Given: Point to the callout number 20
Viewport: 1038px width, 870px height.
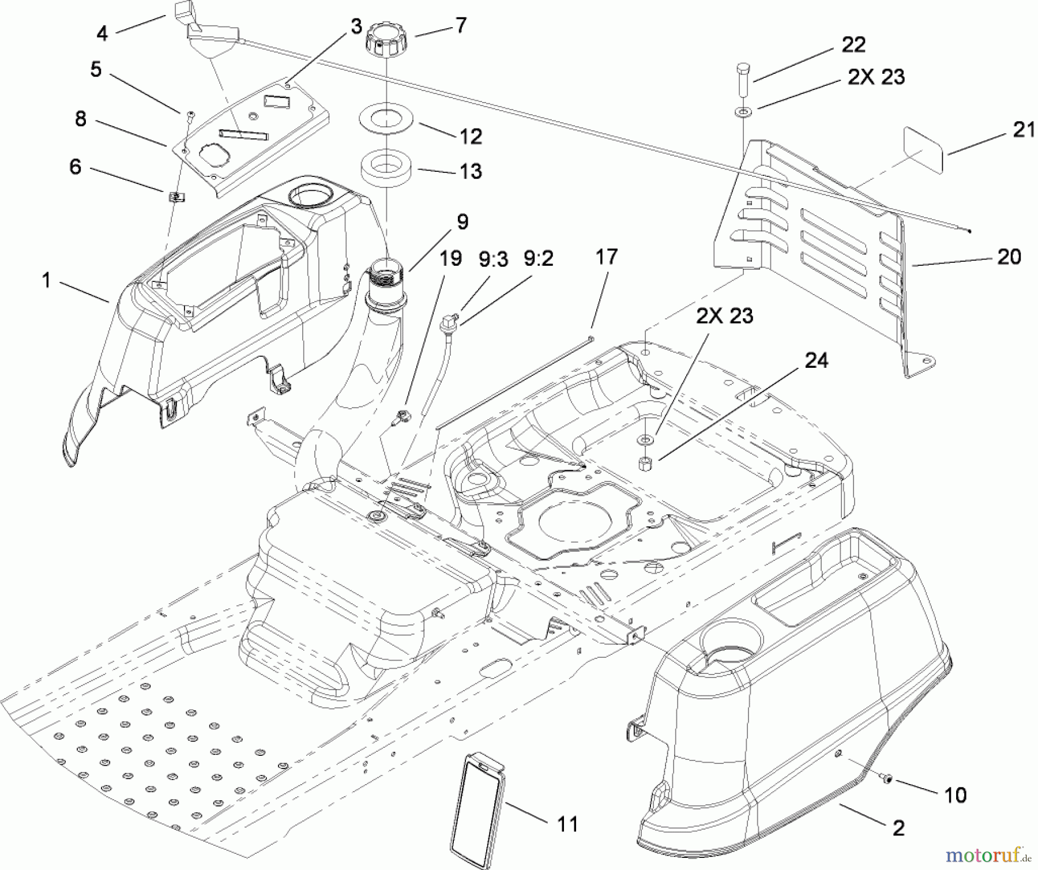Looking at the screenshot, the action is point(1009,257).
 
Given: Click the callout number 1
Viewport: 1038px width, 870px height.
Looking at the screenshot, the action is point(46,281).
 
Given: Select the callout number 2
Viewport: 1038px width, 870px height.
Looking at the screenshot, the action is point(898,828).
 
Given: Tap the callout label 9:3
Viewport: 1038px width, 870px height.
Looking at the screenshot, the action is point(492,259).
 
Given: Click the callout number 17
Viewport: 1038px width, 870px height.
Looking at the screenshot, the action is point(607,257).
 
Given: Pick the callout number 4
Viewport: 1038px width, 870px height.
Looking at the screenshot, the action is point(102,33).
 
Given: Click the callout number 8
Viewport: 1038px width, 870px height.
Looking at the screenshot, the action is point(81,119).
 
